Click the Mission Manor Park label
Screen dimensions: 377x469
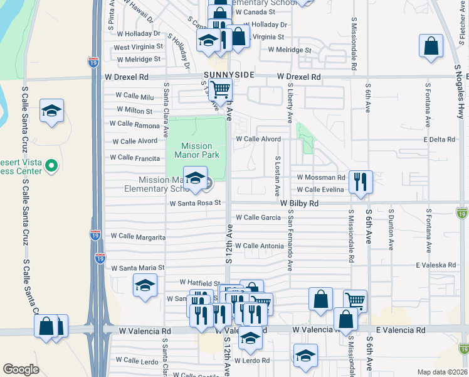click(196, 151)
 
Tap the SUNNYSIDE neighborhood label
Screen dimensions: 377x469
click(229, 75)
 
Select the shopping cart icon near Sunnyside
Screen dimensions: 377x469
click(221, 90)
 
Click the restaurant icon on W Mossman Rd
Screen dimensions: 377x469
click(360, 182)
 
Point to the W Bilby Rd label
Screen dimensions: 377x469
click(299, 204)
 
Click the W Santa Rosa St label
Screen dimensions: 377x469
click(196, 203)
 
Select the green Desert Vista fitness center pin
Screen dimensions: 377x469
click(52, 166)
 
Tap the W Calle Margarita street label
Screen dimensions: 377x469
click(138, 237)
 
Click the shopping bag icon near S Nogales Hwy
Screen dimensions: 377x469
click(431, 46)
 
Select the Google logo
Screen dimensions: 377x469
click(21, 369)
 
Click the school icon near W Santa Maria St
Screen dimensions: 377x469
click(145, 286)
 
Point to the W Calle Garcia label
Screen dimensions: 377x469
click(257, 217)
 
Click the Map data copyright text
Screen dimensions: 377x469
click(443, 372)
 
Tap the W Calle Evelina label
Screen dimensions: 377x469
click(320, 189)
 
